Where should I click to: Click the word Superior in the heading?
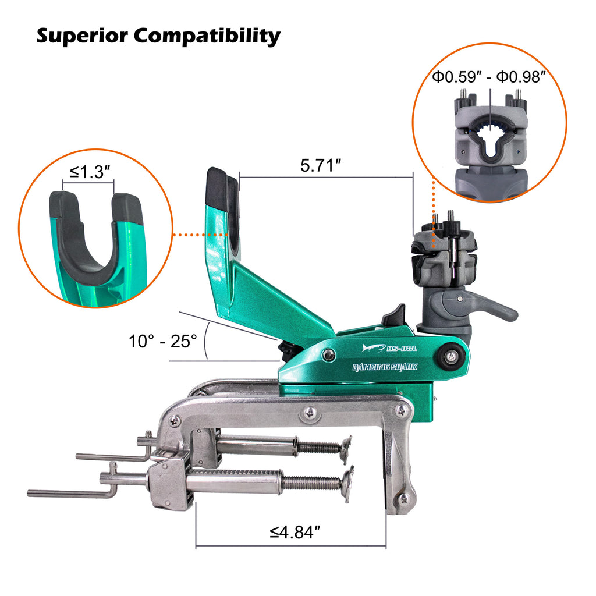click(x=82, y=37)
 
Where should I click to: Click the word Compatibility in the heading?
click(x=207, y=37)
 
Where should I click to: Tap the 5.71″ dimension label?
click(x=321, y=166)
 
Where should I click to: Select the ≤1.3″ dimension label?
click(x=90, y=172)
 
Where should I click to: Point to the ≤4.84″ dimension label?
click(x=295, y=533)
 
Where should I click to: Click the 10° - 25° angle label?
click(x=163, y=341)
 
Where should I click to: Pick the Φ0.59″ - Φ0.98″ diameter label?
click(x=489, y=77)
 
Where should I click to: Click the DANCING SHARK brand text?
click(x=385, y=367)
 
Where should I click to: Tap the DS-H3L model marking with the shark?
click(x=389, y=348)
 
